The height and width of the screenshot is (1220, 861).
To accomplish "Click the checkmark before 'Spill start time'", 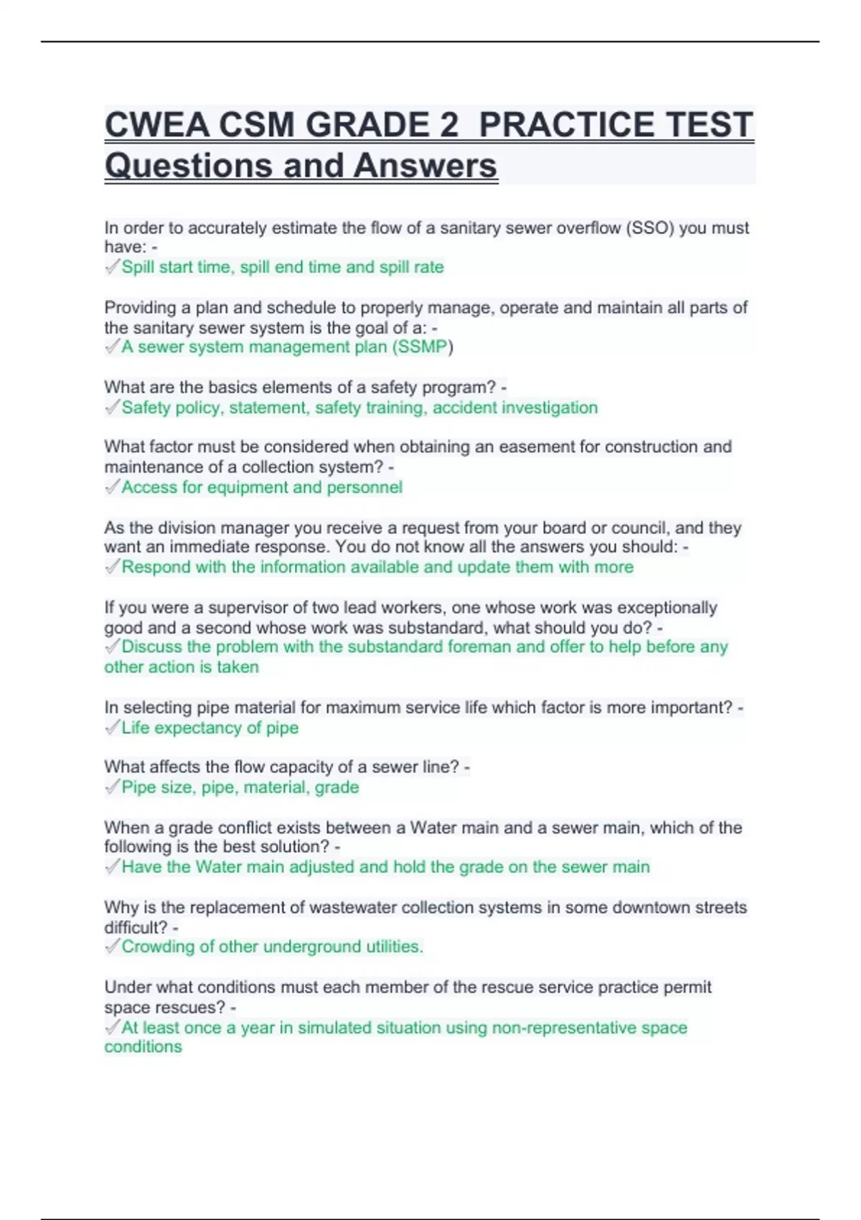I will click(112, 267).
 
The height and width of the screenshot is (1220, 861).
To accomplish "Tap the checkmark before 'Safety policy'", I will click(112, 408).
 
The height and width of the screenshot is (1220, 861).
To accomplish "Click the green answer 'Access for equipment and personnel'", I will click(262, 487).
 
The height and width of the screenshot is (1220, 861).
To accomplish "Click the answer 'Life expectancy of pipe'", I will click(210, 728).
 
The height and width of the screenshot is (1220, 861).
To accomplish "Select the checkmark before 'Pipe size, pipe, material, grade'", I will click(112, 787).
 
